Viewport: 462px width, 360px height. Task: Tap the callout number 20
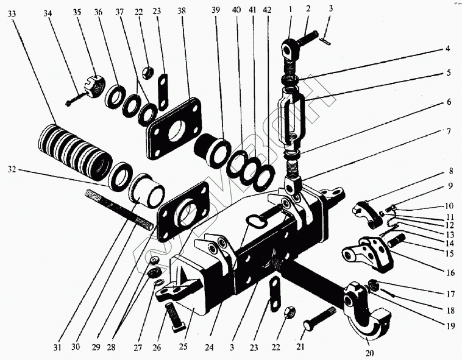pos(370,351)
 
